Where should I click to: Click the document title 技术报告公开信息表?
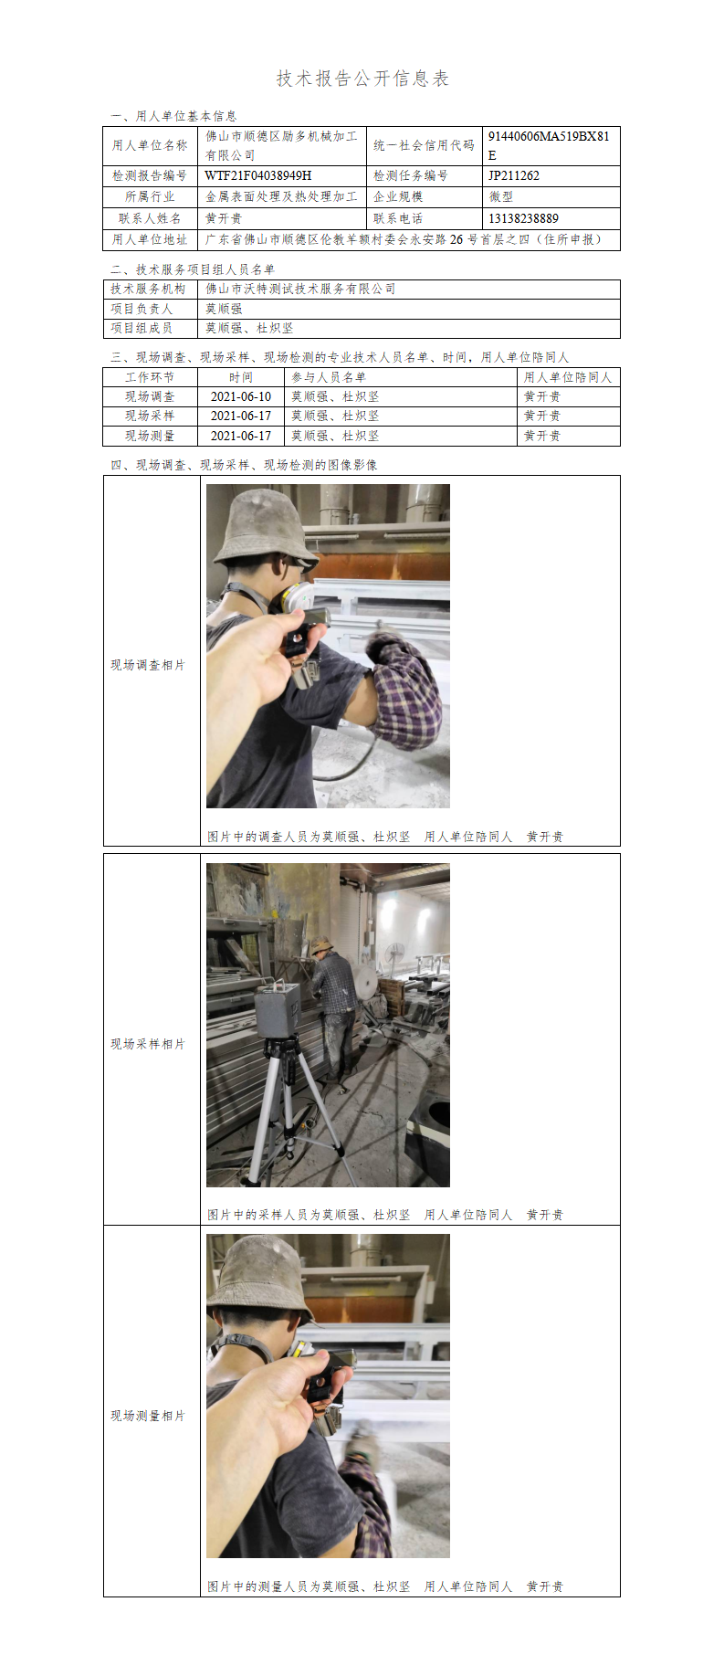coord(362,79)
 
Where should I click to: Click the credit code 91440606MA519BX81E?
coord(548,145)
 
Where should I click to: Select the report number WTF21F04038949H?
coord(258,175)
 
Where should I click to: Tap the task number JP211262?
coord(513,175)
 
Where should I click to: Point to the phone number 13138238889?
coord(523,218)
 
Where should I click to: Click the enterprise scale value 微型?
coord(500,196)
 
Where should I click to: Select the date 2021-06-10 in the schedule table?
coord(241,396)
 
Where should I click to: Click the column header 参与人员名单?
coord(329,377)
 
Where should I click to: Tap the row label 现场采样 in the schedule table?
coord(150,416)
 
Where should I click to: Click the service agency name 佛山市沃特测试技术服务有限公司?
coord(300,289)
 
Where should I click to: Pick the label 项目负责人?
coord(142,309)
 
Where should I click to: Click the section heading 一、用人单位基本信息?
coord(173,116)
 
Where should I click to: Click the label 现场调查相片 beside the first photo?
coord(148,665)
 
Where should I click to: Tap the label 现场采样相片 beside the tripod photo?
coord(148,1044)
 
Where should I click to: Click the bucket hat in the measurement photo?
coord(262,1280)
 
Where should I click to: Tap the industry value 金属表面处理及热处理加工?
coord(281,196)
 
